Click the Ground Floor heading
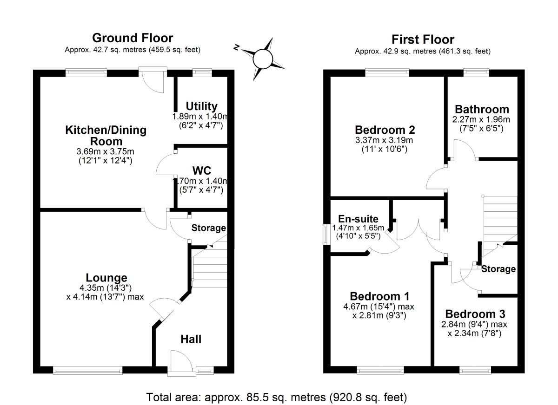pos(133,38)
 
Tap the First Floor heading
pos(423,39)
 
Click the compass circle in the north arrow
pos(263,59)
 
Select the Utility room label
pos(201,106)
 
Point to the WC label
pos(202,170)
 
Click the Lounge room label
pos(106,278)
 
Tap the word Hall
pos(191,340)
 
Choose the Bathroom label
pos(482,110)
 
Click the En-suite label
pos(358,219)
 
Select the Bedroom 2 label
pos(385,130)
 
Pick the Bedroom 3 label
pos(475,314)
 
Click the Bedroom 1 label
pos(379,296)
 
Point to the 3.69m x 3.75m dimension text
pos(105,151)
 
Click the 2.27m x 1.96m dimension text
pos(481,119)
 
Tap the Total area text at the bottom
pos(277,397)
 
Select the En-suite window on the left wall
pos(325,235)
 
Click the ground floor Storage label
pos(208,228)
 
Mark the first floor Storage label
pos(498,269)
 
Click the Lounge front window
pos(88,370)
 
